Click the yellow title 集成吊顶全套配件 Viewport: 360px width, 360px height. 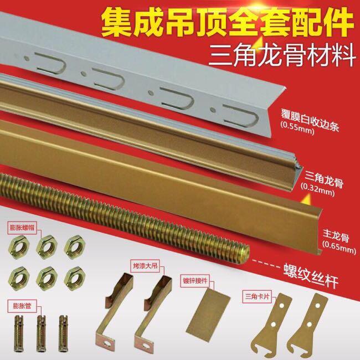click(227, 23)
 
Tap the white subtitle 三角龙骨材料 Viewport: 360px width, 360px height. click(282, 55)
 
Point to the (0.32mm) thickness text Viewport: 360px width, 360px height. click(317, 191)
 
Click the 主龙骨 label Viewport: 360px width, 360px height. click(336, 235)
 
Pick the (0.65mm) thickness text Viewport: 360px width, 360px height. click(339, 247)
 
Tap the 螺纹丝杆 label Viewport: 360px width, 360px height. click(311, 275)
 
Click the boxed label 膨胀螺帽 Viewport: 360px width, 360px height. click(22, 228)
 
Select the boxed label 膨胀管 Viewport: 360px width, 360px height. click(22, 306)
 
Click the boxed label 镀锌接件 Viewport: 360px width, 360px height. click(195, 281)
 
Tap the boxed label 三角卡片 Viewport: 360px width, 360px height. click(256, 297)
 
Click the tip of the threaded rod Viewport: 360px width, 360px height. click(248, 250)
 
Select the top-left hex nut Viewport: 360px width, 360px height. click(19, 247)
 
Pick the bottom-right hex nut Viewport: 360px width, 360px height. click(75, 279)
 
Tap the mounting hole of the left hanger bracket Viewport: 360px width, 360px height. click(107, 344)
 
